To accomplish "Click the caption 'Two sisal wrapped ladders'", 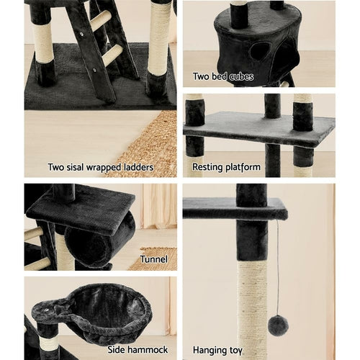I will pos(100,167).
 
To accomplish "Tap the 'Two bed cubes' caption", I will pos(222,76).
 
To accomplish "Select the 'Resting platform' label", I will pos(226,167).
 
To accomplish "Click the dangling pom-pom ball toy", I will pos(278,325).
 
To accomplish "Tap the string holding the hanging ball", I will pos(277,266).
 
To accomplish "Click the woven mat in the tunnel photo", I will pos(155,258).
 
